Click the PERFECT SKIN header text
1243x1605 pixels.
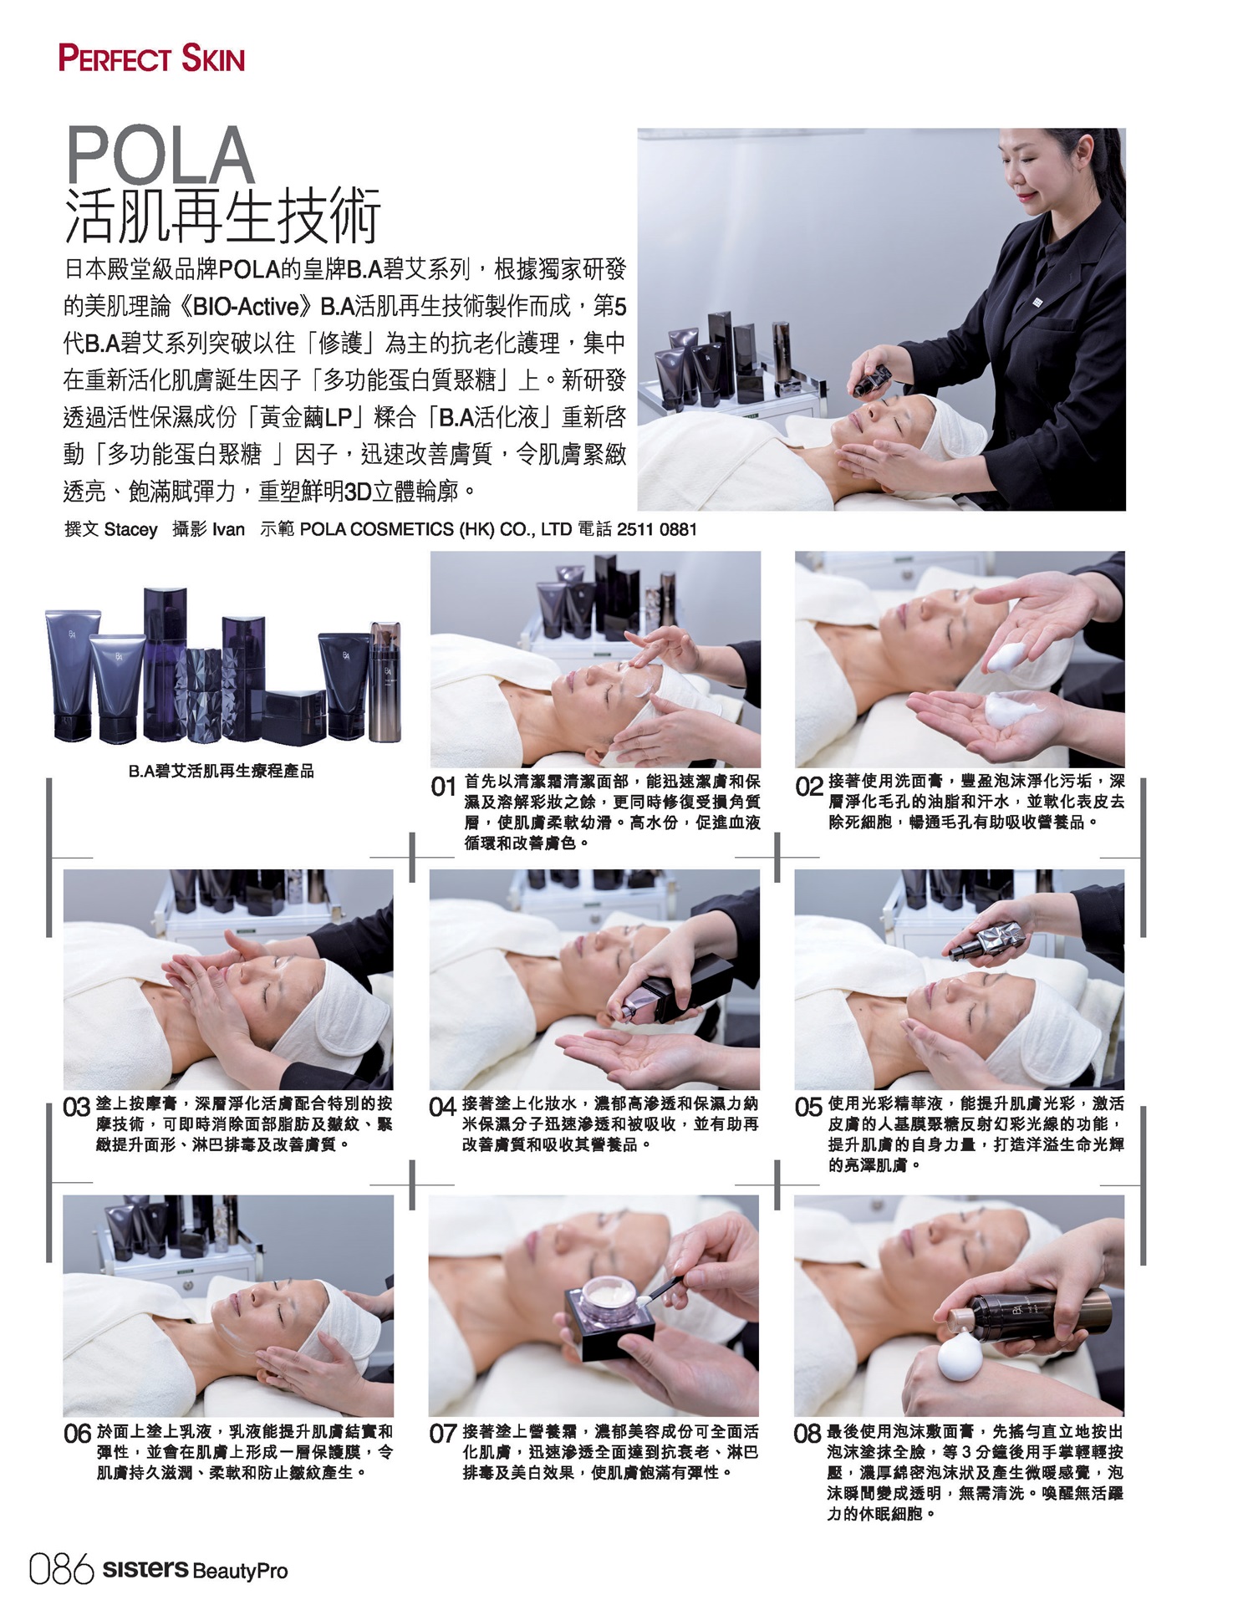151,59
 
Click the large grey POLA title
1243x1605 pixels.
160,155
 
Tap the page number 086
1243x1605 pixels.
61,1569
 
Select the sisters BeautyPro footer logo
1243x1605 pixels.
195,1570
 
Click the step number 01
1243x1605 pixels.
443,787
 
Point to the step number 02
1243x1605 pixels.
808,787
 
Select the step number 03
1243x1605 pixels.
77,1108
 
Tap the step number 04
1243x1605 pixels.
442,1108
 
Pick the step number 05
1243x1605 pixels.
808,1108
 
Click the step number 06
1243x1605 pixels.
77,1434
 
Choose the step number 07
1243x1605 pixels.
442,1434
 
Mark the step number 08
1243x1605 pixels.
807,1434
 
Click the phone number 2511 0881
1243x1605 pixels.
656,529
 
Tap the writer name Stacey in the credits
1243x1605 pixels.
130,530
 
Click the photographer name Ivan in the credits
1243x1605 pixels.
228,529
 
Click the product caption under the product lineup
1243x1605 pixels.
222,771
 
